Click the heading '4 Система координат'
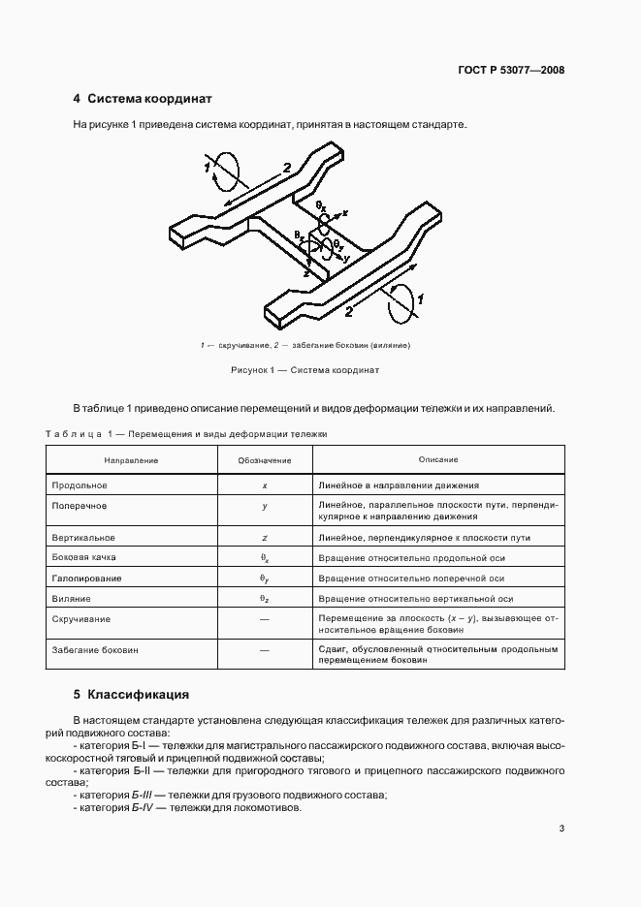(x=143, y=99)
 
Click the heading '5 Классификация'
(x=131, y=694)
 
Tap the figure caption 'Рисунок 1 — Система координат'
(x=304, y=370)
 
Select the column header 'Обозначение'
(x=265, y=459)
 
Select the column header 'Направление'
(x=131, y=459)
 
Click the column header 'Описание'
(x=438, y=459)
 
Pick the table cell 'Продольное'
(x=79, y=485)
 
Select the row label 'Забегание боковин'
(x=94, y=650)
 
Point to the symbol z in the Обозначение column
(x=265, y=537)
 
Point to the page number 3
(x=561, y=828)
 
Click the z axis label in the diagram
(x=306, y=275)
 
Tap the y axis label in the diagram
(x=346, y=259)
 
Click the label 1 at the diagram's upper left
(x=208, y=168)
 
